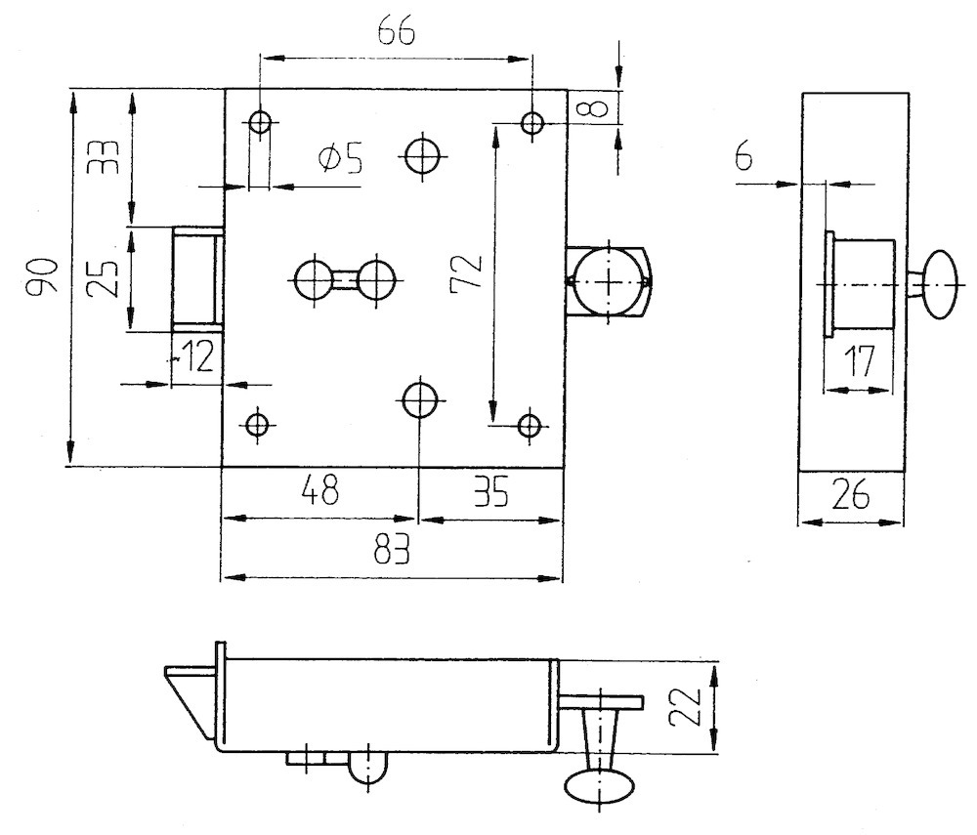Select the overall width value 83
pos(392,552)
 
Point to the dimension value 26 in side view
pos(850,497)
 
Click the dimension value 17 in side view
pos(859,363)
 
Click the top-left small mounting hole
pos(260,123)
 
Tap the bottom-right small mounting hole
pos(530,425)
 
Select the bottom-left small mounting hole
pos(258,425)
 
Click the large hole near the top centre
pos(423,154)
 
